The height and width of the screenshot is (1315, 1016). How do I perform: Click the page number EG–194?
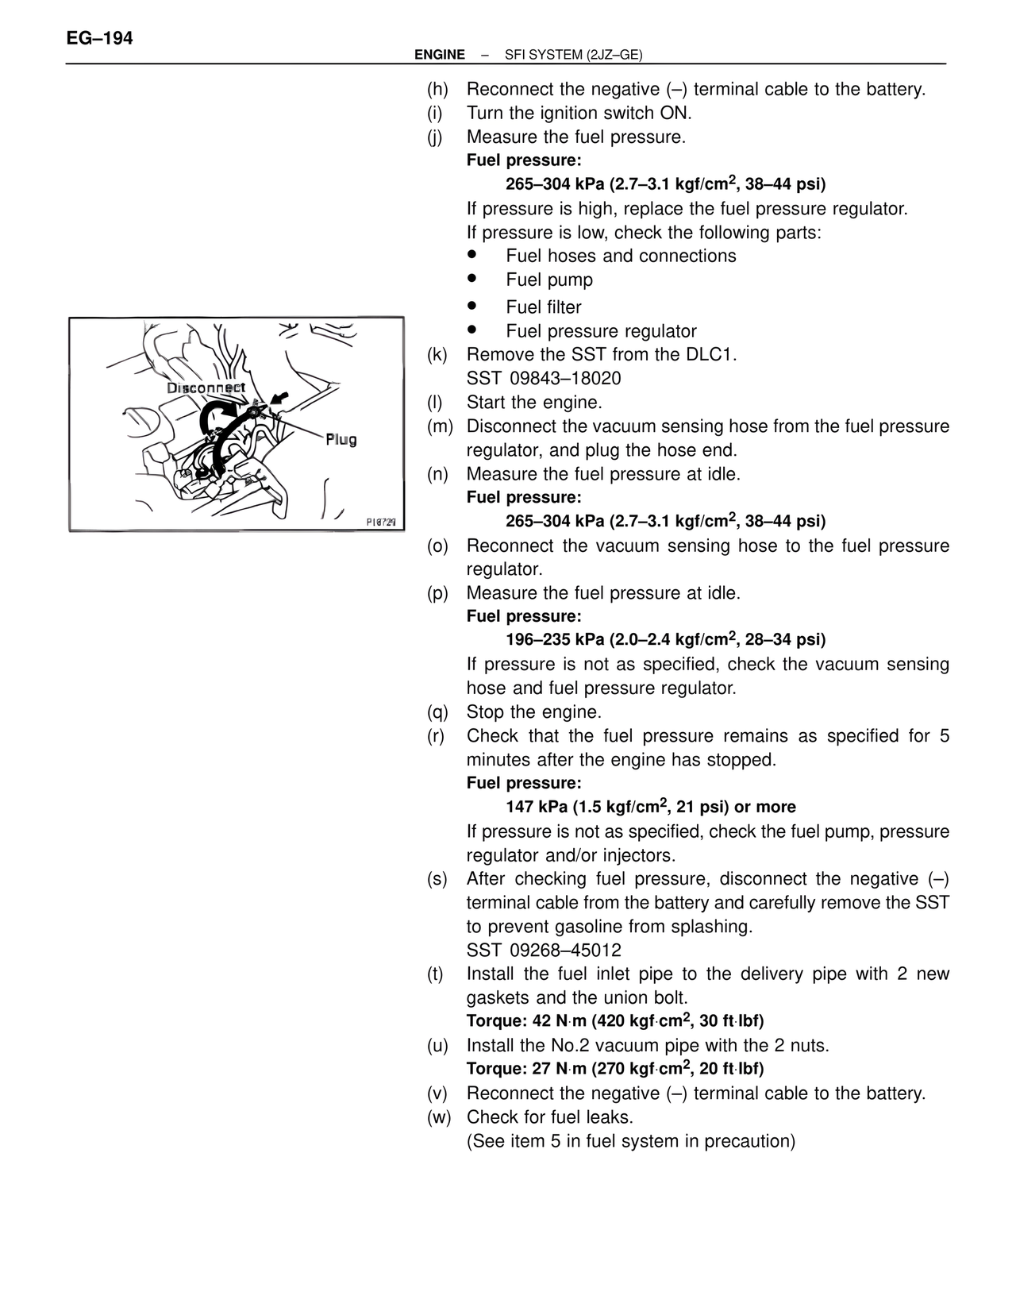[100, 38]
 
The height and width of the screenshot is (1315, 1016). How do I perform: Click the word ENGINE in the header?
[440, 55]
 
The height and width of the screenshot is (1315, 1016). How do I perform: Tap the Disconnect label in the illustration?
[206, 388]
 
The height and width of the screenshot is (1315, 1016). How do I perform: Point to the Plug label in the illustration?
[341, 439]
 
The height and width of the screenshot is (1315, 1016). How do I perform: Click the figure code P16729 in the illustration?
[381, 522]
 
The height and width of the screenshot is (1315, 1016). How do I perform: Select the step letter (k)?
[437, 354]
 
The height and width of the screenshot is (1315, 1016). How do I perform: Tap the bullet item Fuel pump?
[549, 280]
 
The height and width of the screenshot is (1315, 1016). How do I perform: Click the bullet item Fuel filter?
[544, 307]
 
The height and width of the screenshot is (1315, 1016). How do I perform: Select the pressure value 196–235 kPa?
[555, 640]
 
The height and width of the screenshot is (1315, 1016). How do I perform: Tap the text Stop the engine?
[533, 711]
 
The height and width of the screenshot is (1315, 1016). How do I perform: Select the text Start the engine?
[534, 402]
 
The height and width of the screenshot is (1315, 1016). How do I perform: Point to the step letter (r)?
[436, 735]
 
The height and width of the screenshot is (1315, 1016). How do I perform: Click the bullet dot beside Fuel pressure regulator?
[471, 328]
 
